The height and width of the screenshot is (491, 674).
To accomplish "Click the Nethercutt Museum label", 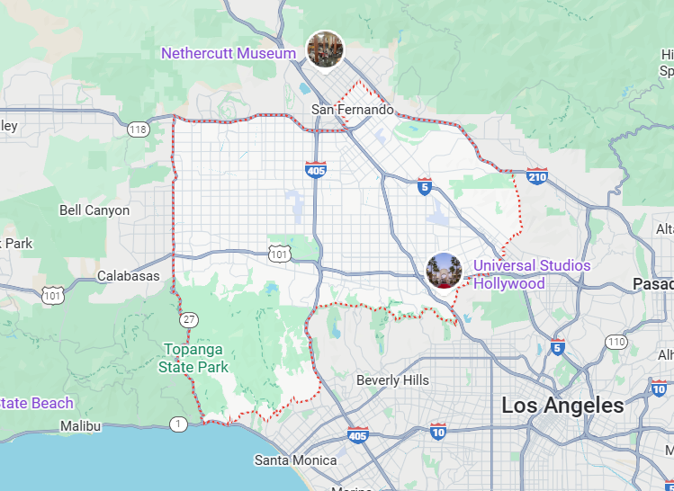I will (229, 54).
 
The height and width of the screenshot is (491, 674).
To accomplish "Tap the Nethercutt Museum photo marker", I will (325, 49).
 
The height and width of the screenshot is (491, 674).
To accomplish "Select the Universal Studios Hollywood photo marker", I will (445, 271).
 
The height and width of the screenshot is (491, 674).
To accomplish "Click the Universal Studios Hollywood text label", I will (532, 274).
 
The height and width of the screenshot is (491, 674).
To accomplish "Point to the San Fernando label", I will (353, 110).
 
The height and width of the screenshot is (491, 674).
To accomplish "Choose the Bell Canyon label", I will (94, 210).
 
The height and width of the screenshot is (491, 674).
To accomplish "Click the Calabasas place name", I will (128, 276).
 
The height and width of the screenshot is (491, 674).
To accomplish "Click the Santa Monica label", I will (295, 460).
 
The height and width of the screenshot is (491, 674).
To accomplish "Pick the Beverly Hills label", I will (392, 380).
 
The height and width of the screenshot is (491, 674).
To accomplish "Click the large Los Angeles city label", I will (562, 406).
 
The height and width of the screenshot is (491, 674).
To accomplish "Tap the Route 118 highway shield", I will (138, 129).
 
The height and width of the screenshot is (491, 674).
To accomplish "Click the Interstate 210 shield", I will (537, 176).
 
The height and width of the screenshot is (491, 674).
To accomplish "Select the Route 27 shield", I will (188, 320).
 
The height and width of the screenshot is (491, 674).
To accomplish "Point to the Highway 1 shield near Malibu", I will (180, 424).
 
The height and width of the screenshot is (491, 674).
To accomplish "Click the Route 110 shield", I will (616, 342).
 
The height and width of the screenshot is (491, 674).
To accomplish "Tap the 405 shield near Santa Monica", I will (357, 435).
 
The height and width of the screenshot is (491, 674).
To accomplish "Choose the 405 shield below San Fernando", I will (315, 168).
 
